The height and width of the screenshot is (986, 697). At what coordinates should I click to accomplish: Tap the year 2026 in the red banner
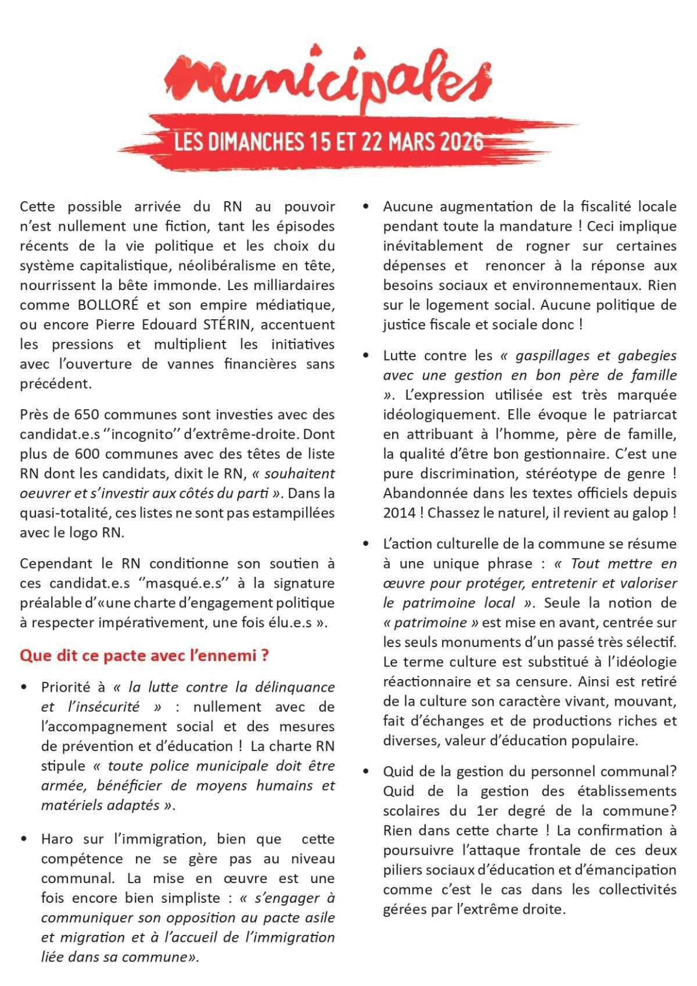(462, 141)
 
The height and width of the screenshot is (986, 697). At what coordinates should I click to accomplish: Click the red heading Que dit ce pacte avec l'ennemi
(143, 655)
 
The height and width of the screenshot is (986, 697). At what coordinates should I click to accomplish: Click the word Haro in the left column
(57, 839)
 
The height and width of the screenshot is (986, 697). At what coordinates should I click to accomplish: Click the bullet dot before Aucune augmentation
(366, 207)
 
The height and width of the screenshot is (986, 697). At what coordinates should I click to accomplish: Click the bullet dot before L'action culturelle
(366, 544)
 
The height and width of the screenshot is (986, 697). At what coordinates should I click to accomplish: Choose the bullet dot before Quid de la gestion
(366, 772)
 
